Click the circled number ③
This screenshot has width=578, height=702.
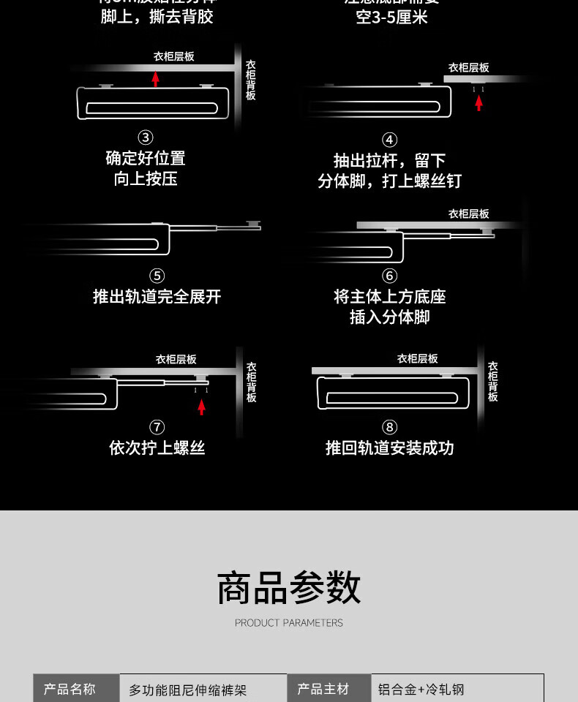146,137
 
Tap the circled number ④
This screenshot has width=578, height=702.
389,140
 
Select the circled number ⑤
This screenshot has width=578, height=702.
157,276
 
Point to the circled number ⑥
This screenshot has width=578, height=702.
389,276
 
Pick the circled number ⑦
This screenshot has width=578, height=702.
157,427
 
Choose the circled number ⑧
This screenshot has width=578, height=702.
389,427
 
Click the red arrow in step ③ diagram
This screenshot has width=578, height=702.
155,78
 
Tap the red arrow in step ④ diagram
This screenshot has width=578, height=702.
478,102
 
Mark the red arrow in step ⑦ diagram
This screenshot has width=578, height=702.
201,407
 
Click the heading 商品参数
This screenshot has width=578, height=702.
289,589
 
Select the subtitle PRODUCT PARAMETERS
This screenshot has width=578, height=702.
289,623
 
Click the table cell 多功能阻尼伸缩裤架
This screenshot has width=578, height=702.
188,690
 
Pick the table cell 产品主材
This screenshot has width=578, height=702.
323,689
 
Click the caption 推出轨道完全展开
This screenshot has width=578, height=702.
157,297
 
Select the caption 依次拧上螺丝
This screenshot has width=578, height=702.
157,448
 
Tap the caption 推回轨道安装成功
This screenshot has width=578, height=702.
389,448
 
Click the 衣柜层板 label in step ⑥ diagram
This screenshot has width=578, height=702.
468,214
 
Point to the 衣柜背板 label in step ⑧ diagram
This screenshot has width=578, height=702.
492,381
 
